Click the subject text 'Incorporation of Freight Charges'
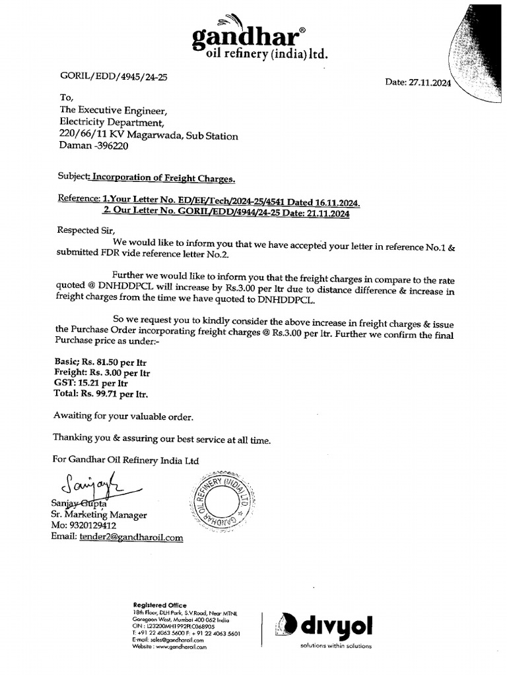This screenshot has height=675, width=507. [x=162, y=178]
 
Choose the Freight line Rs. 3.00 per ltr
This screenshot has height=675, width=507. [x=102, y=372]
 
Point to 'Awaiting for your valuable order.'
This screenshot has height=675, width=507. [x=123, y=417]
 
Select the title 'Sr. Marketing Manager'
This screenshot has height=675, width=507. [x=99, y=515]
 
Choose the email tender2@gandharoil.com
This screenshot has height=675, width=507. [x=131, y=537]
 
